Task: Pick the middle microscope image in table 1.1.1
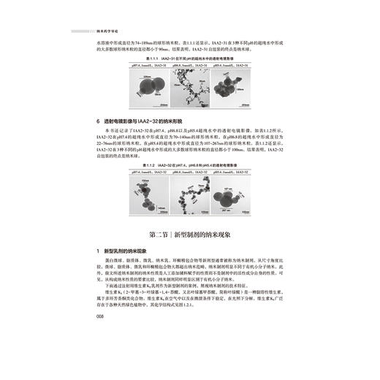[x=189, y=87]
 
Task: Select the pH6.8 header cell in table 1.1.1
[x=189, y=66]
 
